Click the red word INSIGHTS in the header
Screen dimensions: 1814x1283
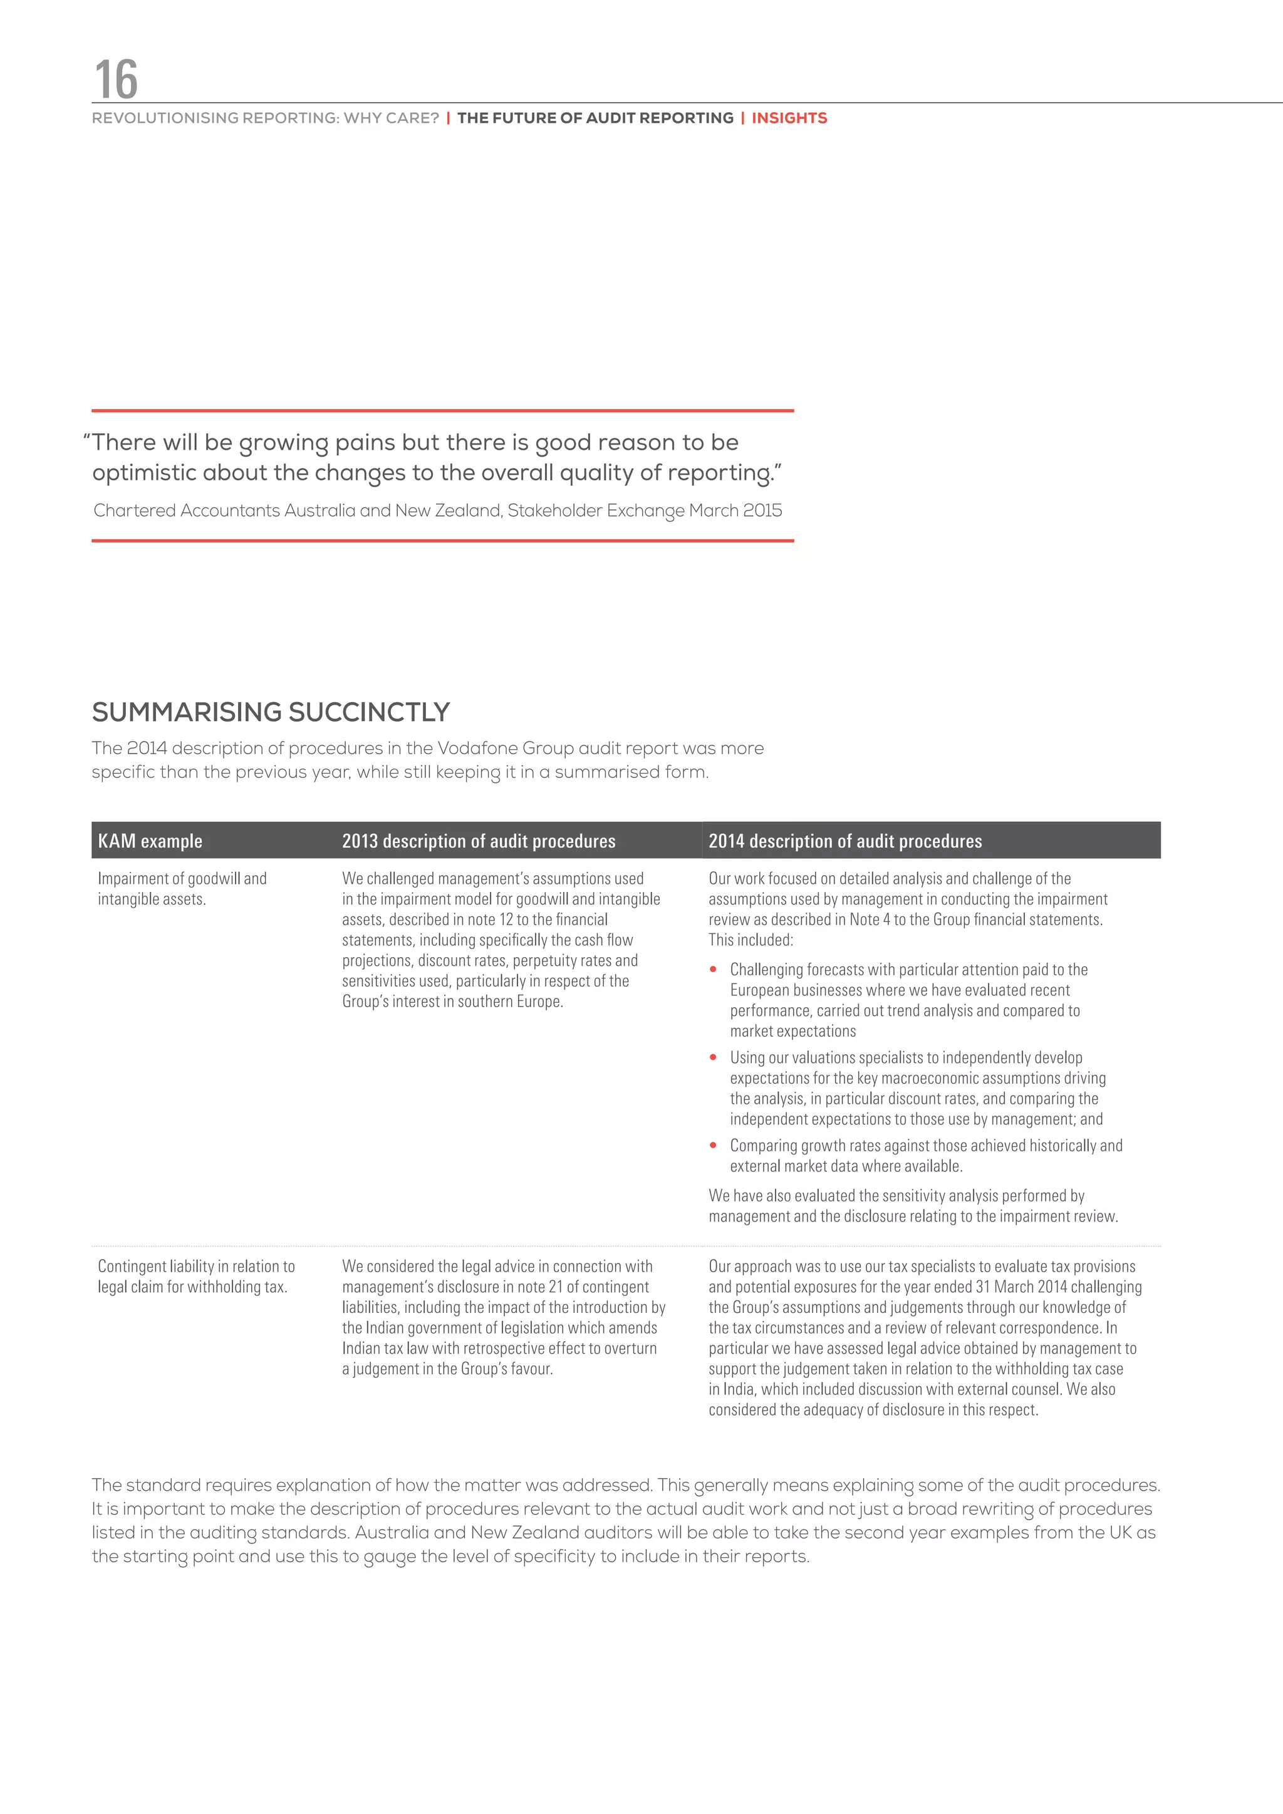[x=789, y=118]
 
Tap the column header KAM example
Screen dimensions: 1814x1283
[x=150, y=841]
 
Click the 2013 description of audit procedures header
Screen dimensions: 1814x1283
[x=478, y=841]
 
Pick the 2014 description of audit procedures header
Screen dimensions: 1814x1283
[x=844, y=841]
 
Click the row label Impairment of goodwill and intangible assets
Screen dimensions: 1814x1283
[x=182, y=889]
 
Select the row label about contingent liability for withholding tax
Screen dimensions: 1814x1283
[x=196, y=1276]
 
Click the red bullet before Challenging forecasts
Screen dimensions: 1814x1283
[x=714, y=970]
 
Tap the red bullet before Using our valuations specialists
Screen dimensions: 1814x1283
[x=714, y=1057]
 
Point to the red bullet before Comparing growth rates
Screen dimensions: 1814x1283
[x=714, y=1145]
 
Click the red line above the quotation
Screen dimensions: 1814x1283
[x=442, y=411]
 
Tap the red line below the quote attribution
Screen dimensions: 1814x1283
[x=442, y=541]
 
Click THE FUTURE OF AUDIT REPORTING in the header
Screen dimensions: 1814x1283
[x=595, y=118]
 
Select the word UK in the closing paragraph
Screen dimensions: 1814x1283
[x=1120, y=1532]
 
